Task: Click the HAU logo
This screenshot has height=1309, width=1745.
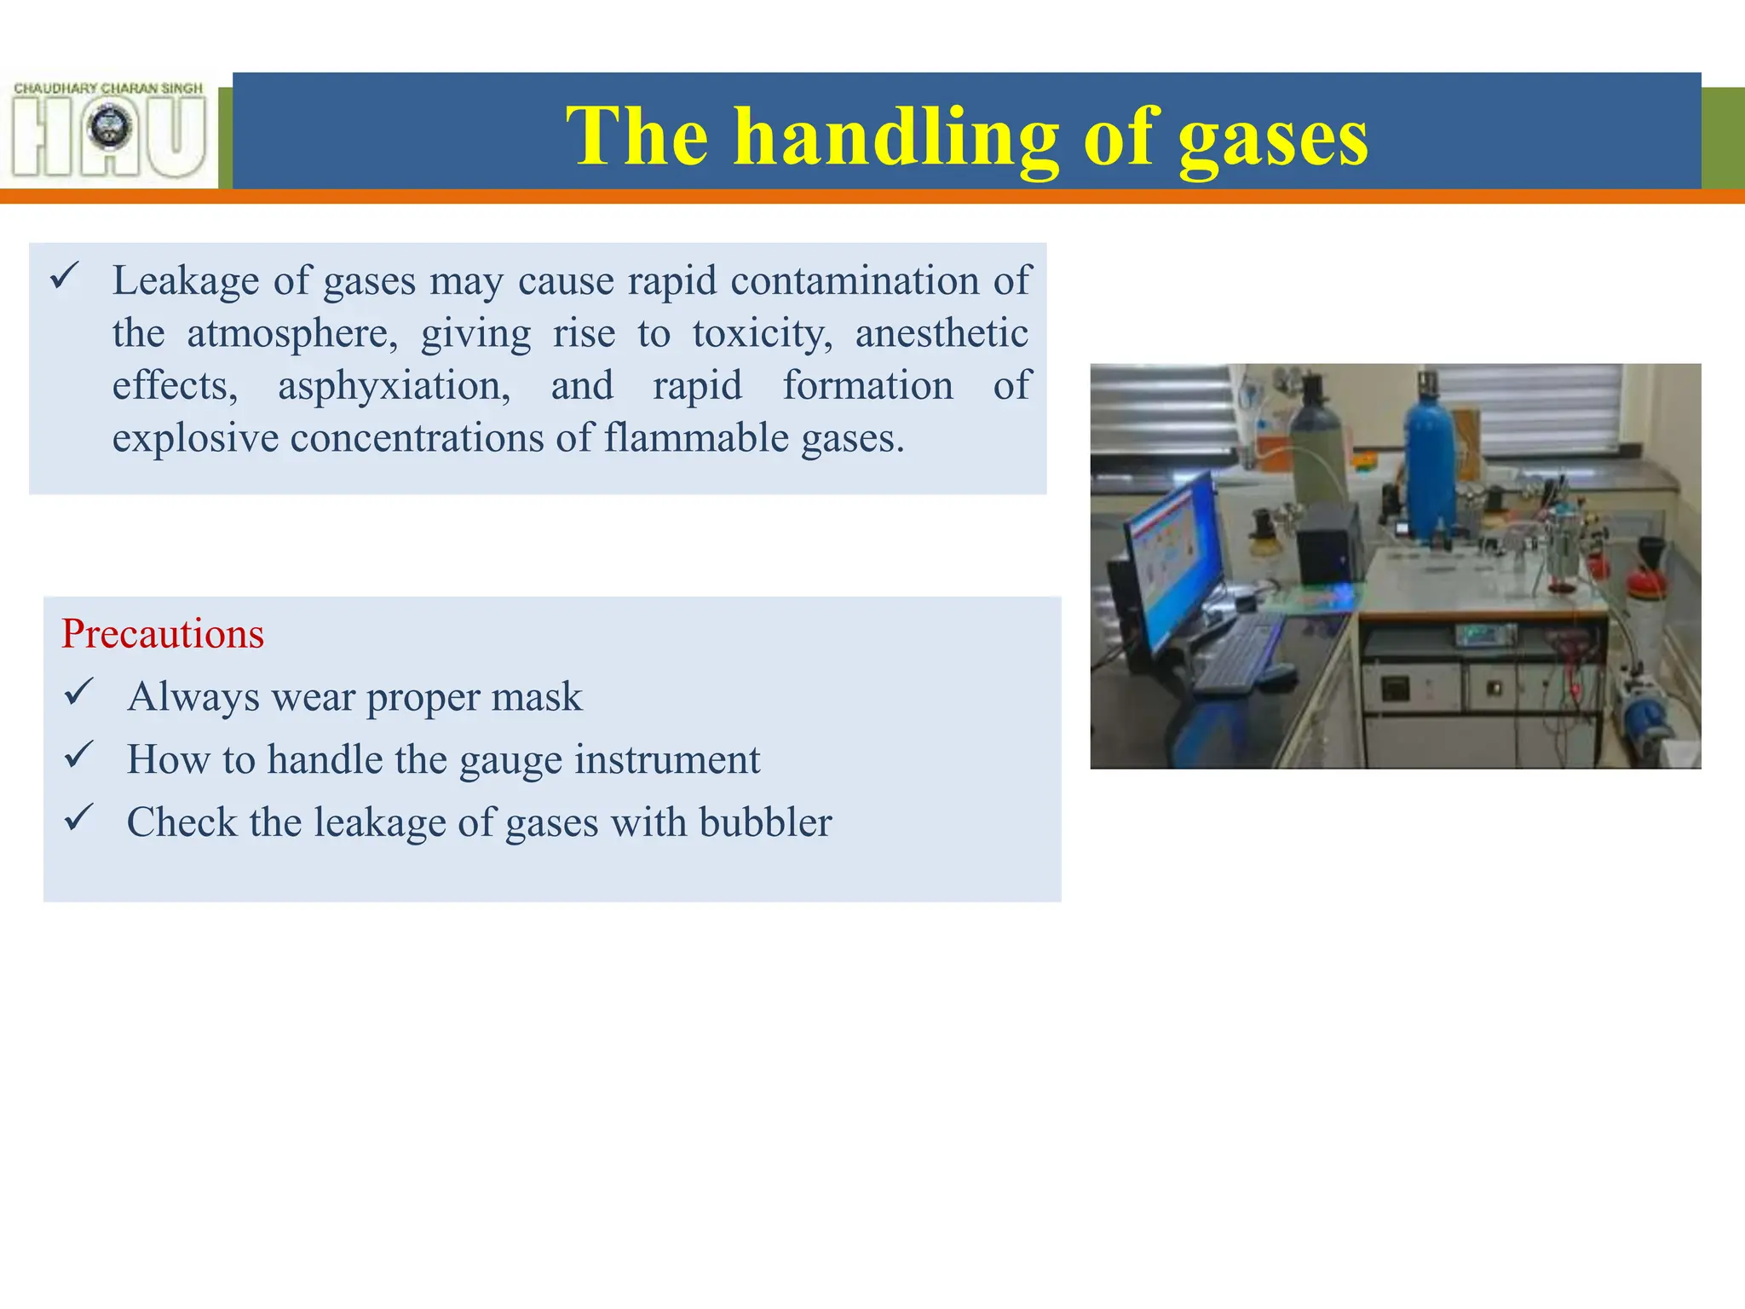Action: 109,130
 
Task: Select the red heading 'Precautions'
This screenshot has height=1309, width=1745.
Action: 163,634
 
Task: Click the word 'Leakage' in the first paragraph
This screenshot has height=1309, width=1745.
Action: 186,280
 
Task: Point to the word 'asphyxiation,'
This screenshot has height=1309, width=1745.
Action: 394,386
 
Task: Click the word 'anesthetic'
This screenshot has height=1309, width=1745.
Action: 942,333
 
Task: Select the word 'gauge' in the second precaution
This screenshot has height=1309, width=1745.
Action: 510,760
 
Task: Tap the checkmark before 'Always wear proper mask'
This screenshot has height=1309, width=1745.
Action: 78,692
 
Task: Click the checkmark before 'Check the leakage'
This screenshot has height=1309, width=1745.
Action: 78,818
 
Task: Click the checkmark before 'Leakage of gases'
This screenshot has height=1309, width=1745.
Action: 65,276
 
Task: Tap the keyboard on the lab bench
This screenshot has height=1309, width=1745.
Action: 1235,652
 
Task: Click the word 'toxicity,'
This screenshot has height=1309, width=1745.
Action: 763,333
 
